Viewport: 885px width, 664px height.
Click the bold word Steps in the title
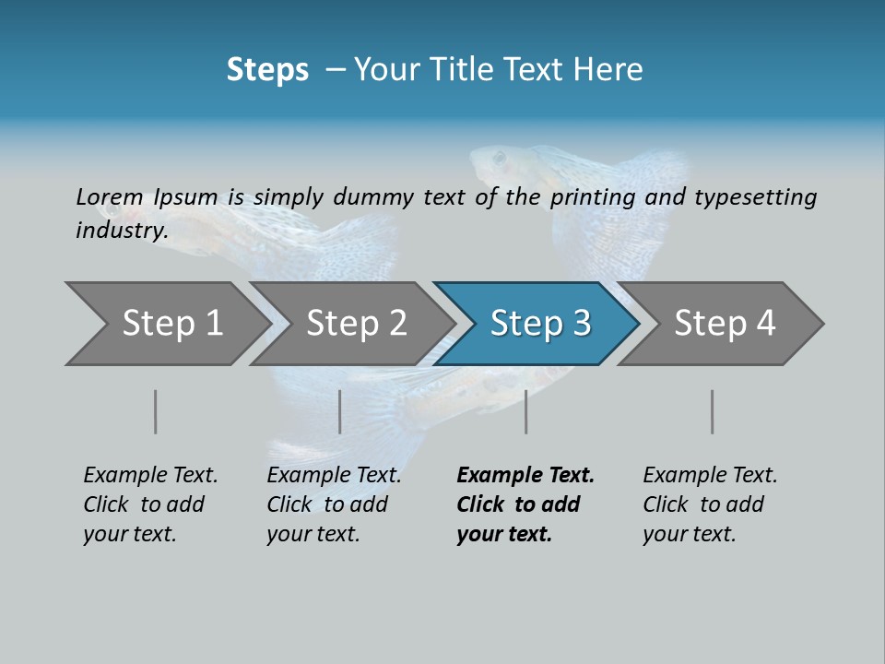pos(267,70)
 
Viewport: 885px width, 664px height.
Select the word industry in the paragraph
pos(121,231)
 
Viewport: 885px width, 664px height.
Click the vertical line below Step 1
pos(156,411)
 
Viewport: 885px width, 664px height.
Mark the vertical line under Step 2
pos(340,411)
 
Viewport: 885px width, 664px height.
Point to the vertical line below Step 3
pos(525,411)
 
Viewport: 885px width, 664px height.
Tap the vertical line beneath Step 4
pos(712,411)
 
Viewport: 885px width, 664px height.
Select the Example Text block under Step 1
pos(150,504)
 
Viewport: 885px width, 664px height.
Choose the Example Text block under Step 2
pos(334,504)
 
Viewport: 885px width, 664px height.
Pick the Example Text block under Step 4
pos(710,504)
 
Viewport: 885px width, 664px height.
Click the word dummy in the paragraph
pos(372,196)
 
